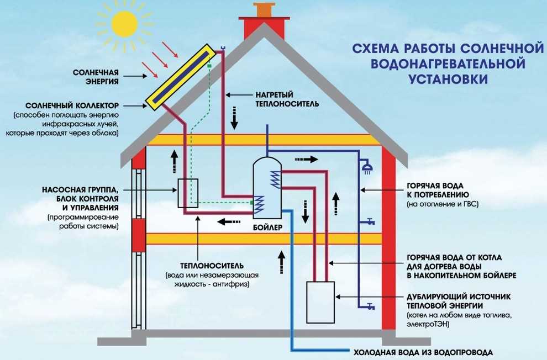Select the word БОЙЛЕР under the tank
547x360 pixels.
(267, 227)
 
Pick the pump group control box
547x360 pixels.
(188, 193)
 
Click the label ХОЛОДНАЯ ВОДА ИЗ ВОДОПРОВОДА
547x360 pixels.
(422, 352)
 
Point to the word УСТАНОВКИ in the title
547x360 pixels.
(449, 80)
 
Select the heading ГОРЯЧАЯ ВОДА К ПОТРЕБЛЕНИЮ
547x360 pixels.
(438, 190)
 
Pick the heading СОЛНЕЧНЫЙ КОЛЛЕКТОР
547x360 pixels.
(72, 105)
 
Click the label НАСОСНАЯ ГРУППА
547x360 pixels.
(80, 189)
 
